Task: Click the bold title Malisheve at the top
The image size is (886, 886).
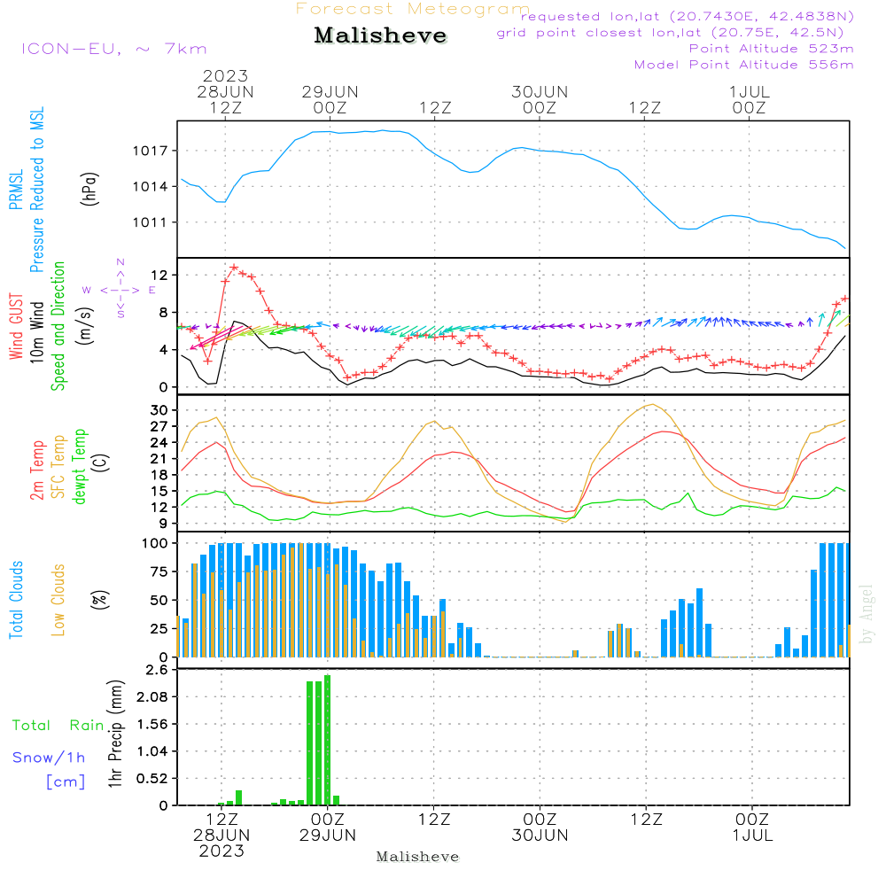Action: point(380,36)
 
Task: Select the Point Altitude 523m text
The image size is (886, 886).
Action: point(771,48)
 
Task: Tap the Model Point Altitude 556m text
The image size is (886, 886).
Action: point(744,64)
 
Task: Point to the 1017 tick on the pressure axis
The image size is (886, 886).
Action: point(152,151)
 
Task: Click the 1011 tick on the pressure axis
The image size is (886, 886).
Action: point(152,222)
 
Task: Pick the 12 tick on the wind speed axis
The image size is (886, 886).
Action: point(159,276)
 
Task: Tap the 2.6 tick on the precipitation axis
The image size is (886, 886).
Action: point(157,671)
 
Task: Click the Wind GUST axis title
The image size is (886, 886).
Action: point(16,329)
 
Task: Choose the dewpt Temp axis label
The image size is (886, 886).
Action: point(80,467)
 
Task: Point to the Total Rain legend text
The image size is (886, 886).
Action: point(58,726)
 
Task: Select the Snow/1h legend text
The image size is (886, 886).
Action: point(50,758)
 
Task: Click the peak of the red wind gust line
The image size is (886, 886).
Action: point(234,267)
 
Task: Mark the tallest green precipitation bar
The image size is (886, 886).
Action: point(328,740)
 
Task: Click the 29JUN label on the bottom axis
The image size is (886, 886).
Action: point(329,835)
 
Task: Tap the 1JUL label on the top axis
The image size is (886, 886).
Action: point(750,91)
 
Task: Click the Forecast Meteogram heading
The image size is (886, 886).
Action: point(413,9)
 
